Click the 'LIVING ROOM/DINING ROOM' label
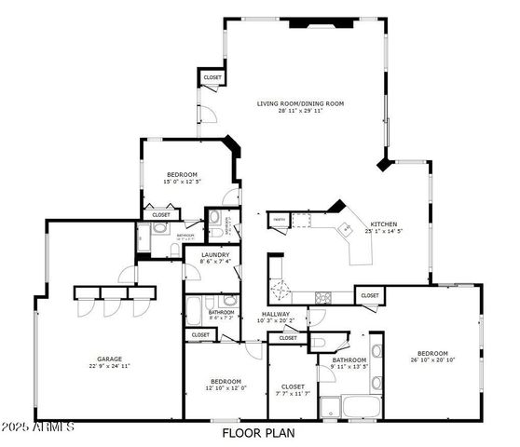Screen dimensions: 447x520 pos(300,103)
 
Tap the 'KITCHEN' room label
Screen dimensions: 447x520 pos(383,224)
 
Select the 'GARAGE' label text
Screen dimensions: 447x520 pos(110,359)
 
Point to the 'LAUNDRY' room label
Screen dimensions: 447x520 pos(213,254)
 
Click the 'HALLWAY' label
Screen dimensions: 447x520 pos(276,314)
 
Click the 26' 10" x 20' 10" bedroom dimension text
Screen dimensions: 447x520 pos(431,360)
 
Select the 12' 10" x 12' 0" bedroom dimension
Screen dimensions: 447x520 pos(226,388)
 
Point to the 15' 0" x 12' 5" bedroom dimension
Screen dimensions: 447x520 pos(182,182)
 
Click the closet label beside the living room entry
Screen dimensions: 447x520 pos(212,77)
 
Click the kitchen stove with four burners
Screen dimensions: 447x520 pos(324,297)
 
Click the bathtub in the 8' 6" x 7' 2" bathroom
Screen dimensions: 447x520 pos(195,310)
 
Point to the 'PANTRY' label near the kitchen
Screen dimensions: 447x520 pos(279,220)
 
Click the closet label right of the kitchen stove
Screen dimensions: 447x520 pos(370,295)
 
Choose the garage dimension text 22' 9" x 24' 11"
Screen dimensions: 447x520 pos(110,366)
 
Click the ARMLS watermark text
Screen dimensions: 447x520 pos(37,427)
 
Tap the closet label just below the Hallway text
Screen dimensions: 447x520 pos(288,338)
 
